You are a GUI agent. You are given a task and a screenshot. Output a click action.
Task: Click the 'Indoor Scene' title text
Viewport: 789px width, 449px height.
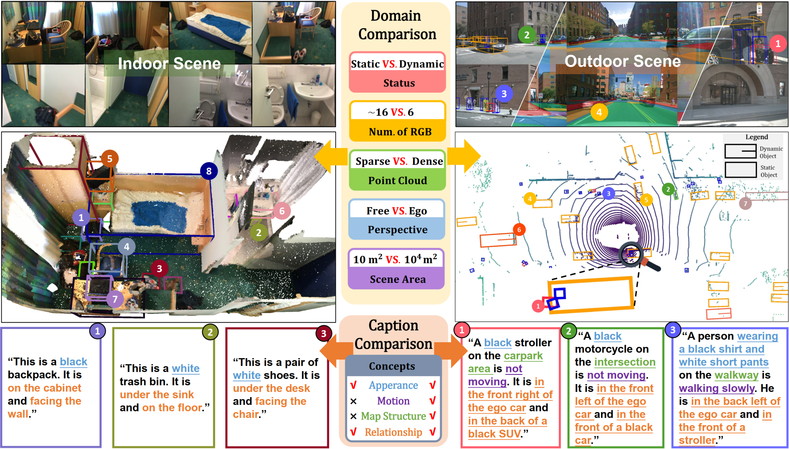169,64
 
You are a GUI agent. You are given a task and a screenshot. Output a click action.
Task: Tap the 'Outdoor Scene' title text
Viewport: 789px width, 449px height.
622,61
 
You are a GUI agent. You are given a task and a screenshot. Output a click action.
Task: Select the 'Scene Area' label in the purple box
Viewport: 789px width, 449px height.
397,279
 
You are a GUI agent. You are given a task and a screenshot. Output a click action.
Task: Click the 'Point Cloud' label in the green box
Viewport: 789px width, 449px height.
397,180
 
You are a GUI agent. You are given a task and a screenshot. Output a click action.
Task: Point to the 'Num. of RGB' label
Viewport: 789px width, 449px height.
400,132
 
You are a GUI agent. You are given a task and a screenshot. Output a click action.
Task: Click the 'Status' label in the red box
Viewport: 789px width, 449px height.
399,83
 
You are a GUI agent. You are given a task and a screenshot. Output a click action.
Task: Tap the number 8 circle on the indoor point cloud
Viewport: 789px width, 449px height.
209,171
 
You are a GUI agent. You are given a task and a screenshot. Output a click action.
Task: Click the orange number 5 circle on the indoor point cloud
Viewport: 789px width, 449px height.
109,159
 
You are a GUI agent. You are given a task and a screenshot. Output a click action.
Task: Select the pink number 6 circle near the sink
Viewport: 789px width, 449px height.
281,211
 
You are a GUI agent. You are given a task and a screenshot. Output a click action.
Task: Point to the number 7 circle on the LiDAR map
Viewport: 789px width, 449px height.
745,204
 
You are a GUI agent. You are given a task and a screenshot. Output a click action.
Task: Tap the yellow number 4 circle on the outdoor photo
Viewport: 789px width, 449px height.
599,112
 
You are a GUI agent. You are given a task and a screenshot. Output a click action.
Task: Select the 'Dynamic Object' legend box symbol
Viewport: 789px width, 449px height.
740,151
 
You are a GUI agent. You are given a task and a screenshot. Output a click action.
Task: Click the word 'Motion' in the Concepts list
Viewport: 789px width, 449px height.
393,401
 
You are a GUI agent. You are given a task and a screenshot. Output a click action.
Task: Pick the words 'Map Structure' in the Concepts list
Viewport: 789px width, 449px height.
393,416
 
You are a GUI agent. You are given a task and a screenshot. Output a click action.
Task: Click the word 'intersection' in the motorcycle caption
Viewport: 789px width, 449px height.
625,362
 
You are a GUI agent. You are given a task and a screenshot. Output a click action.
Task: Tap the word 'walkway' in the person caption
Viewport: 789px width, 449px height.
736,375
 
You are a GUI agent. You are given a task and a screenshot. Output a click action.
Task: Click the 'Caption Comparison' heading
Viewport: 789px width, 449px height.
393,335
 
